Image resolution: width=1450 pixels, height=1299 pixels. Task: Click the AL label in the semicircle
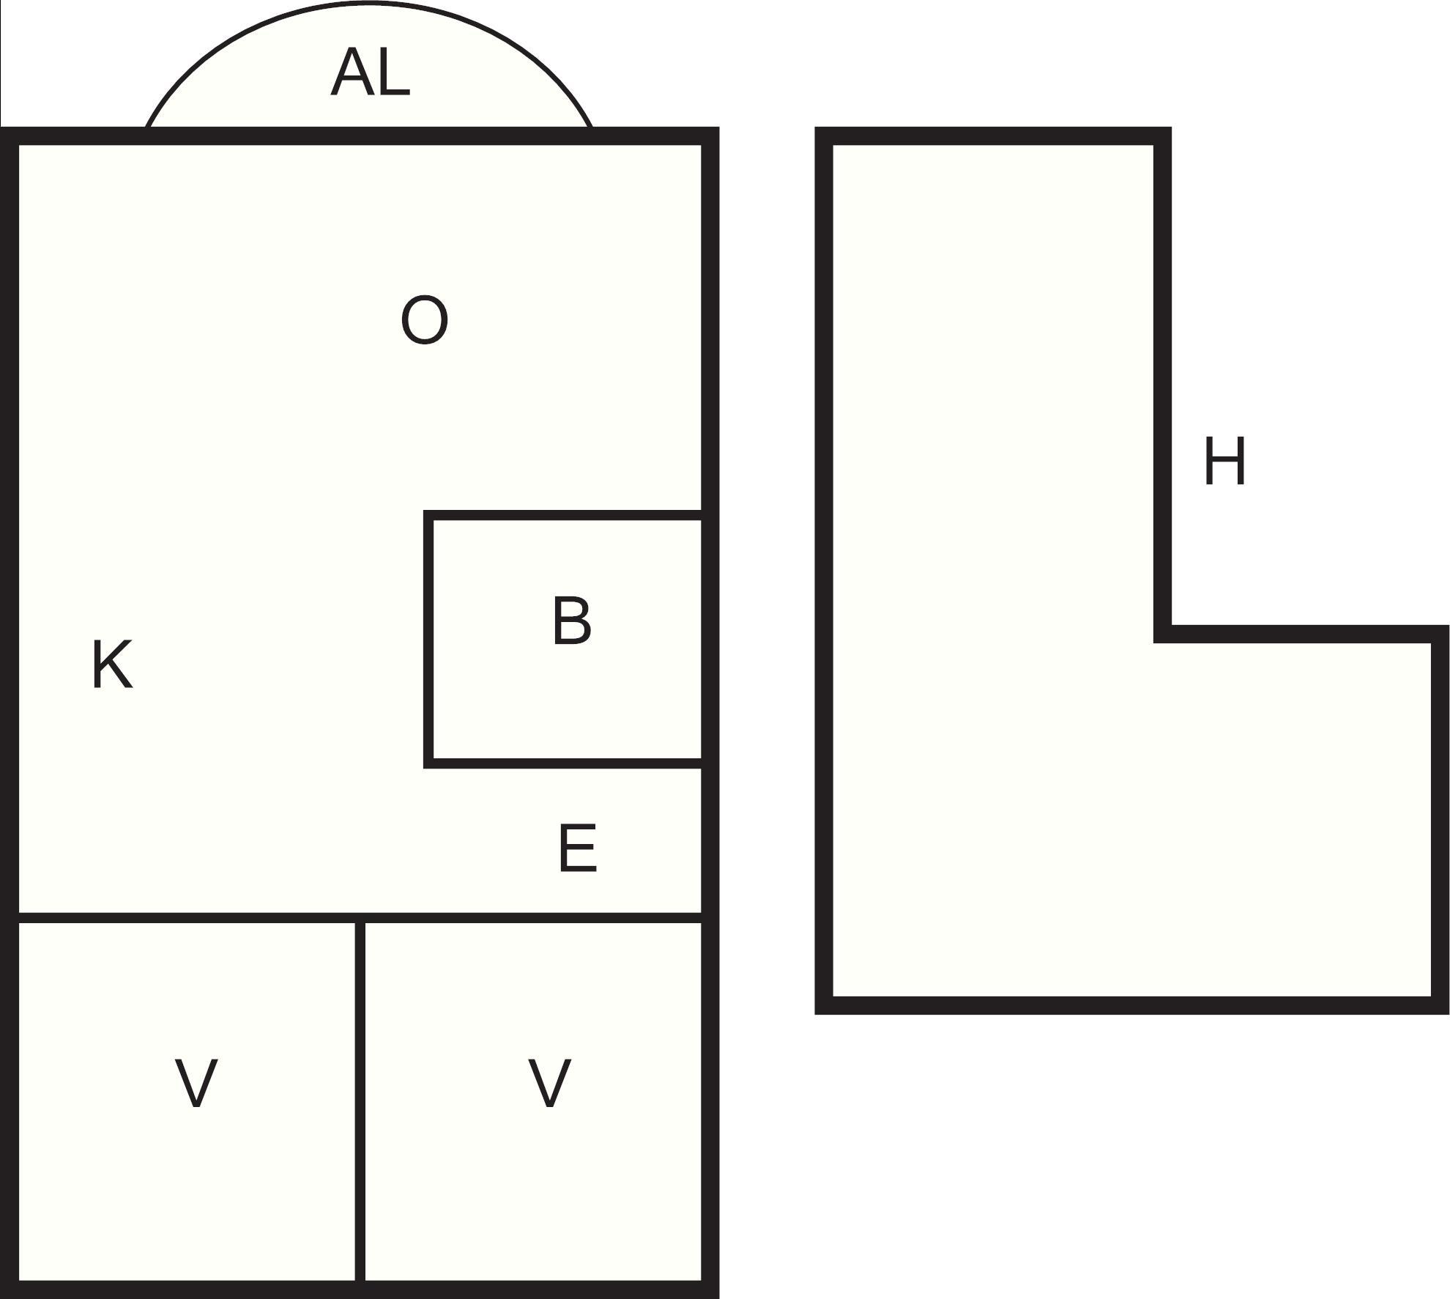pos(370,73)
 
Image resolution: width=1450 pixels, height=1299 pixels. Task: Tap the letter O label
pos(425,319)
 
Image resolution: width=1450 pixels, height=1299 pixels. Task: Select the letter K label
pos(113,664)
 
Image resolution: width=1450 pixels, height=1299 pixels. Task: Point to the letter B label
pos(572,621)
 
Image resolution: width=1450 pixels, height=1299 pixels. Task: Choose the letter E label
pos(578,848)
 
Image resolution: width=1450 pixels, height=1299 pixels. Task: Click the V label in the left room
pos(196,1083)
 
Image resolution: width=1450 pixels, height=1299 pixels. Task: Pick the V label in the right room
pos(549,1083)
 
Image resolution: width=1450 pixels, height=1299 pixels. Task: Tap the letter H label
pos(1224,462)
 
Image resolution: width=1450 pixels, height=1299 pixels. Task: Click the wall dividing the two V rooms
pos(360,1102)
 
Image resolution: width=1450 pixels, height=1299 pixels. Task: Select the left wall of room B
pos(428,640)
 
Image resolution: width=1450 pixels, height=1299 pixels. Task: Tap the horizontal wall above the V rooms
pos(360,917)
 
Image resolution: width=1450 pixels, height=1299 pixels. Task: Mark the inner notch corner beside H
pos(1163,634)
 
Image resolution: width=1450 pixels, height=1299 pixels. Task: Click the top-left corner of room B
pos(428,516)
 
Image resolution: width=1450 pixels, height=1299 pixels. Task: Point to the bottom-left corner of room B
pos(428,763)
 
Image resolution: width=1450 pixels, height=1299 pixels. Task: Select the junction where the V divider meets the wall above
pos(360,917)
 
